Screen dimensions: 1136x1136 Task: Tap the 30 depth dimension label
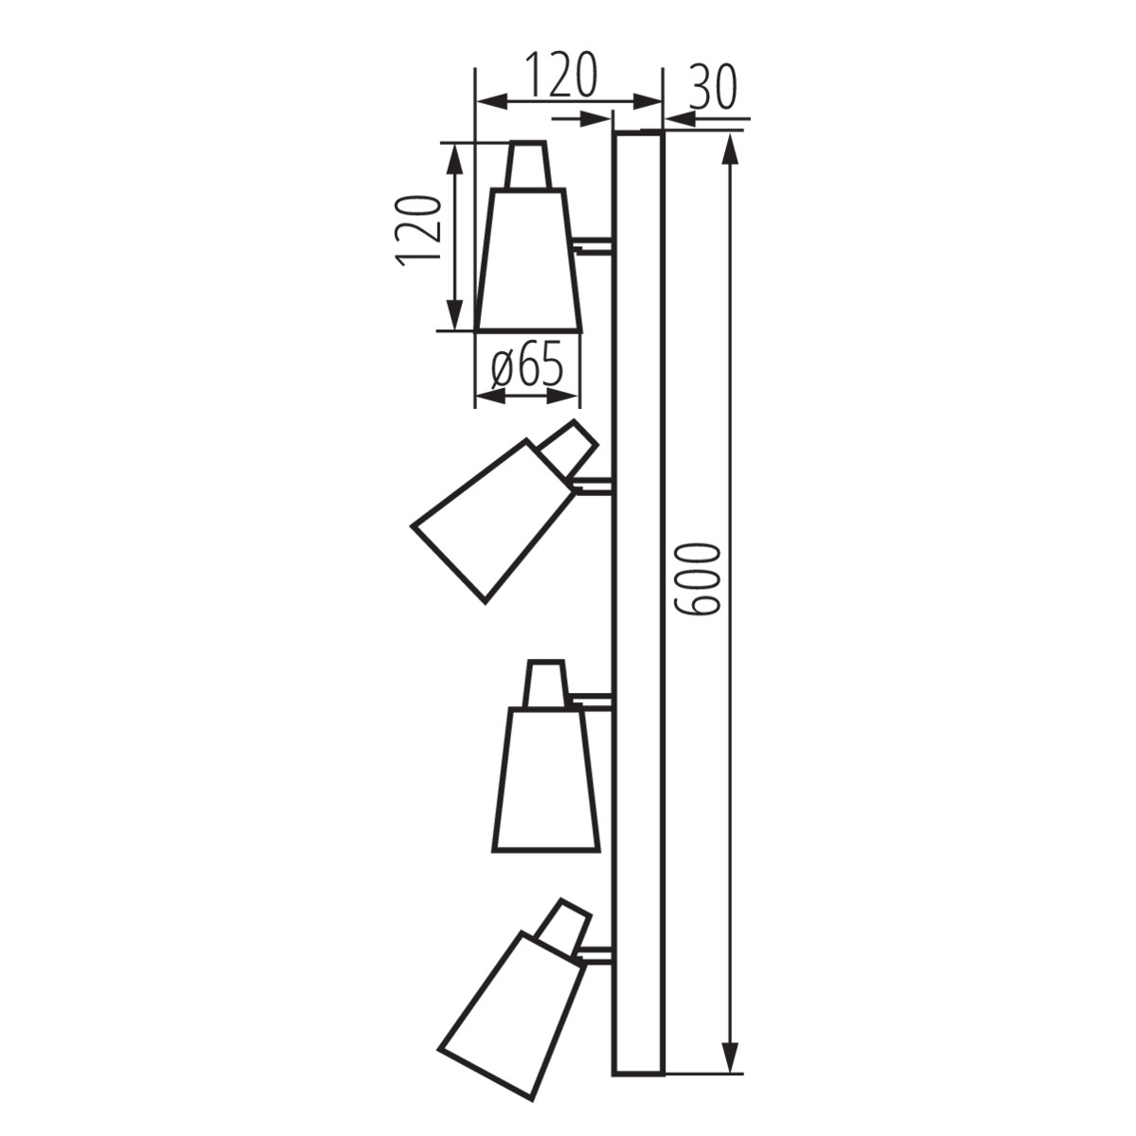coord(712,88)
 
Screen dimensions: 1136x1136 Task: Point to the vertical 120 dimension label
coord(419,232)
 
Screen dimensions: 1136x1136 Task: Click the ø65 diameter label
coord(528,365)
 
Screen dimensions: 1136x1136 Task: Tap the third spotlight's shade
coord(546,781)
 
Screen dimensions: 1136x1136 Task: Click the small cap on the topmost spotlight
coord(527,166)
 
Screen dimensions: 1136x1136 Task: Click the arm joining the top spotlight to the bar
coord(595,245)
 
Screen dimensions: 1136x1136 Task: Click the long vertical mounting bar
coord(638,606)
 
